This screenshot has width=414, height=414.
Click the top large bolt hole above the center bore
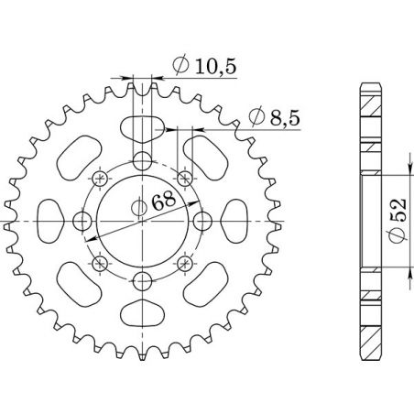point(141,162)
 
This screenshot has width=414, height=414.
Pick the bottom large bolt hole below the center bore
point(141,281)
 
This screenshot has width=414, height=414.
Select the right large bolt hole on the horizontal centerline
point(201,222)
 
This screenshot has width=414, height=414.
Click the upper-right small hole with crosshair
point(183,179)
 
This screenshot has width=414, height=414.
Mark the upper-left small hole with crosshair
point(99,179)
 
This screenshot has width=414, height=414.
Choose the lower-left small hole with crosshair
point(99,264)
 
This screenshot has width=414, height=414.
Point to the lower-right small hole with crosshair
point(183,264)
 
